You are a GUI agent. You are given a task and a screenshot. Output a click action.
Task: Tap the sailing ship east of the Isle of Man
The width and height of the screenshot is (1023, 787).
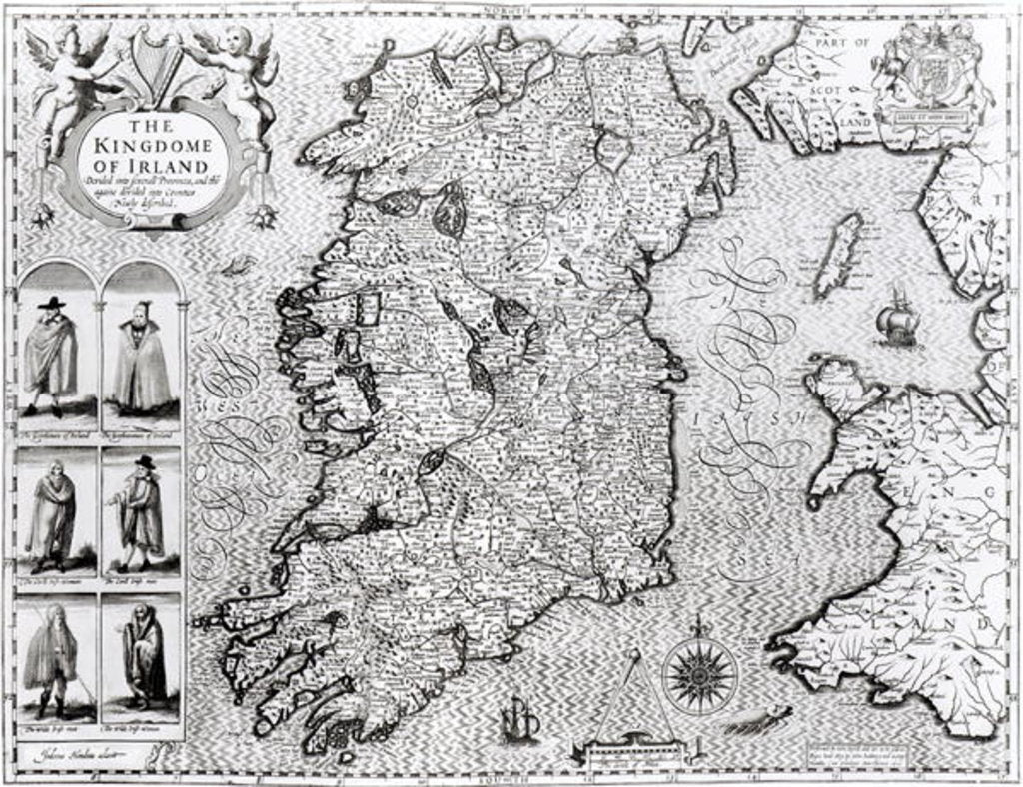point(897,319)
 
